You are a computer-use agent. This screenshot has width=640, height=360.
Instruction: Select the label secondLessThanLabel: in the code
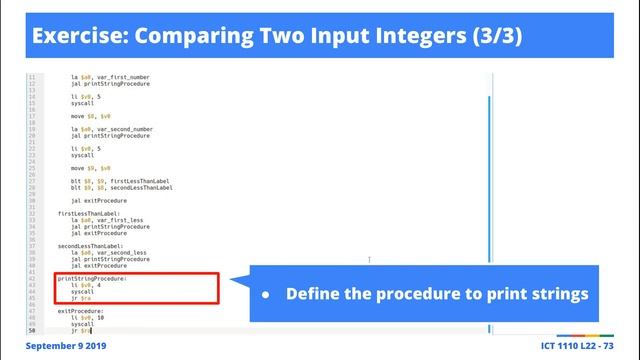point(90,245)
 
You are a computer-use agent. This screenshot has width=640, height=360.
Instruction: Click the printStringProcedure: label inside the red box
point(92,279)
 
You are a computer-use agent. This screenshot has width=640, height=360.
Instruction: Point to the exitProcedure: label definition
point(80,311)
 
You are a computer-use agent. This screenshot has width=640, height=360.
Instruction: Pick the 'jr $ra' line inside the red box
point(81,298)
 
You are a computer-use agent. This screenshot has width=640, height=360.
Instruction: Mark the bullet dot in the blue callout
point(265,295)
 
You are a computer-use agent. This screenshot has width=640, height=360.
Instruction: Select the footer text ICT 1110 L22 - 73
point(569,346)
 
